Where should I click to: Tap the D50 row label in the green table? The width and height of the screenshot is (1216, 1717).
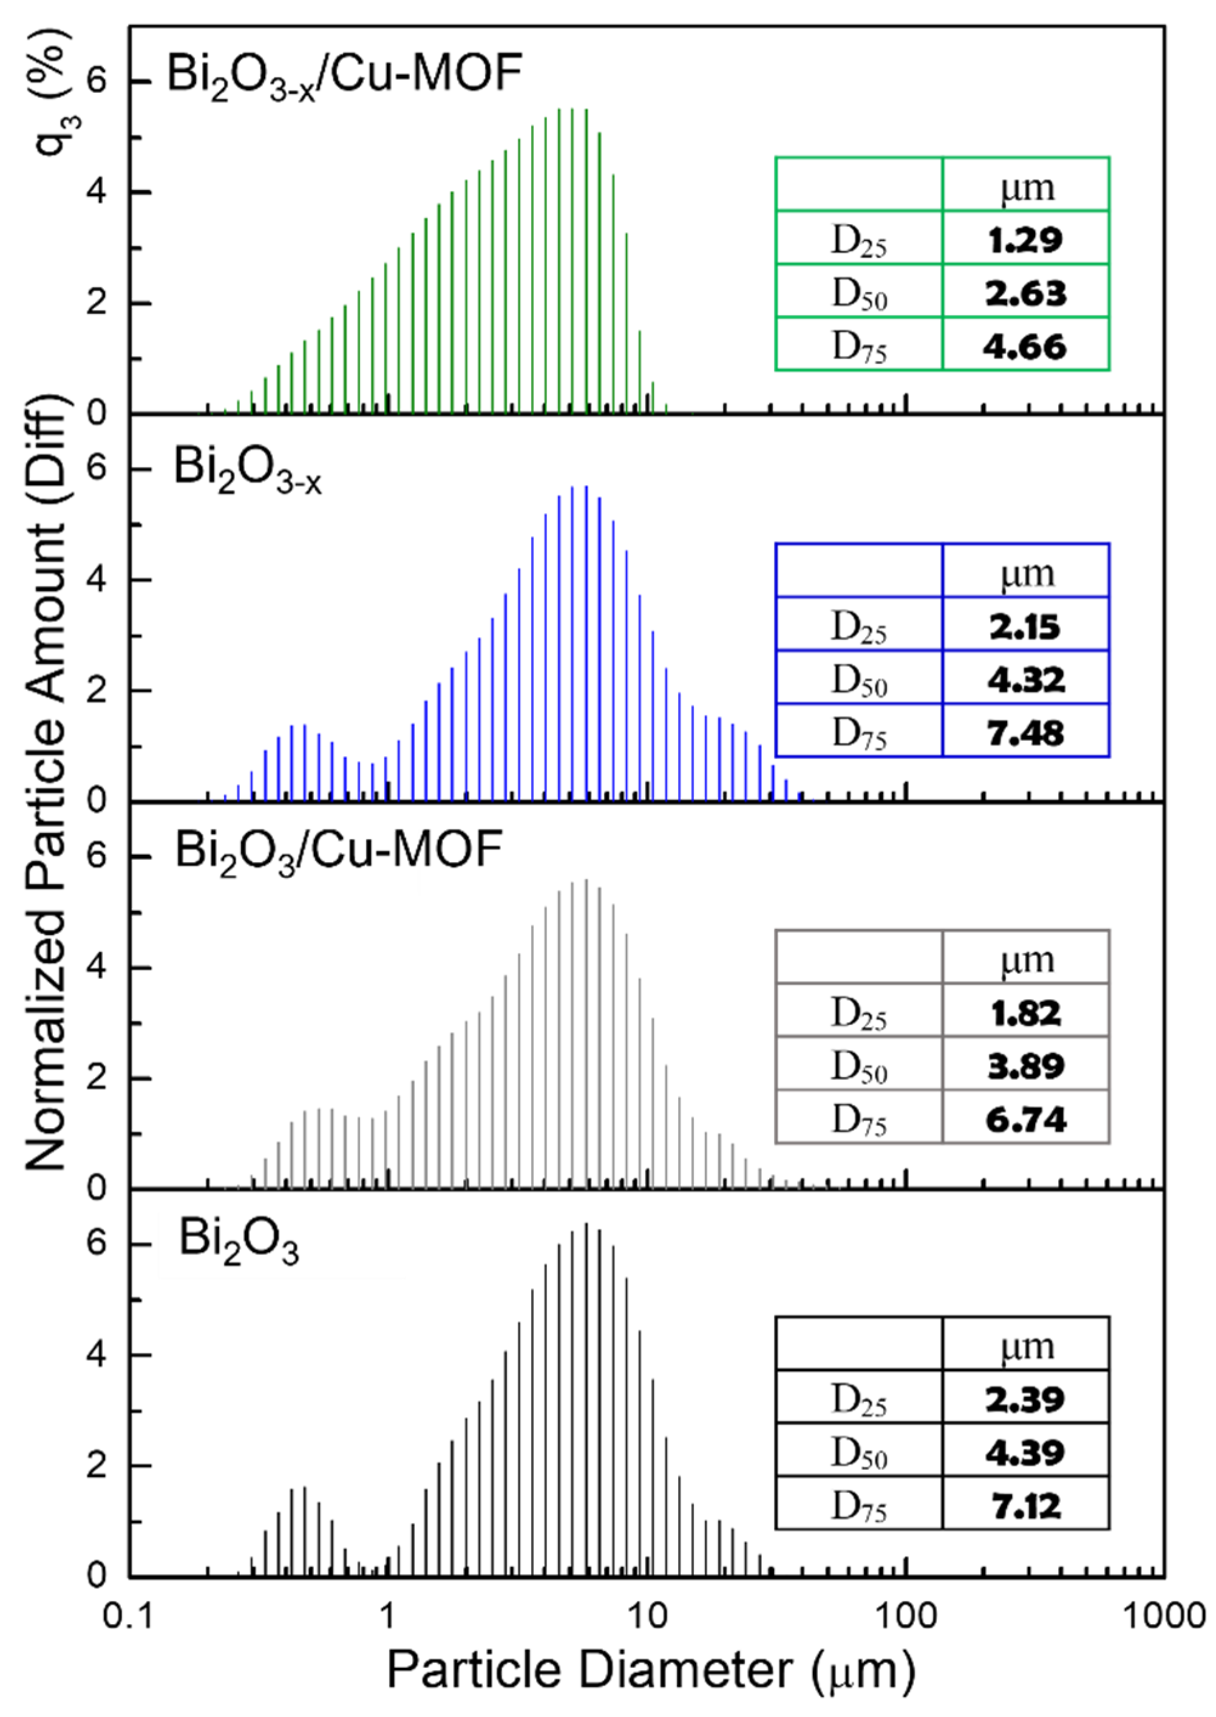click(x=859, y=293)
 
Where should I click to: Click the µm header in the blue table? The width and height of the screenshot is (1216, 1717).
click(x=1027, y=574)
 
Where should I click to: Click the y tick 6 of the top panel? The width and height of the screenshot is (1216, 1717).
click(x=96, y=80)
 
